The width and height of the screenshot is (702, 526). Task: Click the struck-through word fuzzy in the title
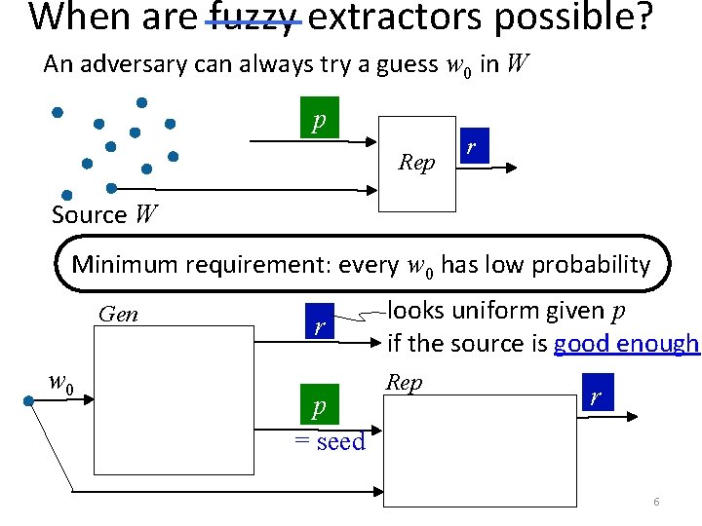(x=253, y=18)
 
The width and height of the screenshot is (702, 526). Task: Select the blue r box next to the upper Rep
(x=472, y=147)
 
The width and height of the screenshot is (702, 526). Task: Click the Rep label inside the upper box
(x=416, y=163)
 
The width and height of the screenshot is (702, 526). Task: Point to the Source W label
(x=103, y=214)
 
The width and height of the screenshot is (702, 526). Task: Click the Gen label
(x=118, y=314)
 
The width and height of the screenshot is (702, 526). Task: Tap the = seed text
(x=330, y=441)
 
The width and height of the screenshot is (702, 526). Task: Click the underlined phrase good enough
(x=625, y=343)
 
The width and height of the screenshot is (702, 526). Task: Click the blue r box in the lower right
(x=596, y=395)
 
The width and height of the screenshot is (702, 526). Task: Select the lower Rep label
(x=404, y=383)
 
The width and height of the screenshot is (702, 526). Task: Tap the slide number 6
(x=656, y=502)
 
